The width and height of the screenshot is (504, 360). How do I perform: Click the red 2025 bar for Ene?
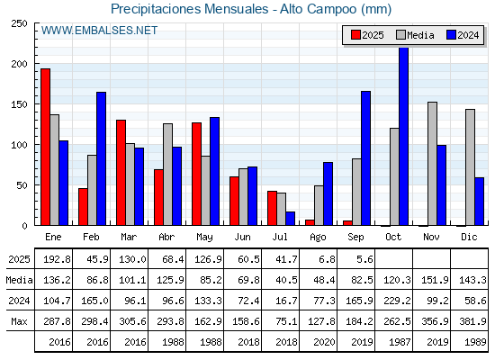click(45, 147)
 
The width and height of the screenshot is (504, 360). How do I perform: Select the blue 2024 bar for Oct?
click(403, 136)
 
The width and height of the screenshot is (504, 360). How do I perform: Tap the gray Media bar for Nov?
click(432, 164)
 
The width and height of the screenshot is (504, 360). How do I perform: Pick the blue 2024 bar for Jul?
click(290, 219)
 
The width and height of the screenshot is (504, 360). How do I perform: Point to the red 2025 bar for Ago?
click(310, 222)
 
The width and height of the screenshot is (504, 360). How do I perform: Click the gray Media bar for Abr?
click(167, 175)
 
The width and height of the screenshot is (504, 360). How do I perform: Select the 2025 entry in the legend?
click(367, 35)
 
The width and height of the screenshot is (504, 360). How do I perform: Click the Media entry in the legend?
click(415, 35)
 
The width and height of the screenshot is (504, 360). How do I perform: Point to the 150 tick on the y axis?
click(19, 104)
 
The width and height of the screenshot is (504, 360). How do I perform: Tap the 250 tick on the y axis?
click(19, 23)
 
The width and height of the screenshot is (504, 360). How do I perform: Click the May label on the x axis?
click(204, 238)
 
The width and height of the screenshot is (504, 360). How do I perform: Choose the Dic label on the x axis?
click(469, 237)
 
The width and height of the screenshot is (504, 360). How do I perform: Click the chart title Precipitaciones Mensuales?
click(189, 9)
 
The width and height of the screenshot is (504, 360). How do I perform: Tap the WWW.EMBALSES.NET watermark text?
click(99, 31)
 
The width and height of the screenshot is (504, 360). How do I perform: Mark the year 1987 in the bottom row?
click(400, 342)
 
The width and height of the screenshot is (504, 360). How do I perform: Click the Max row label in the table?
click(19, 321)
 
